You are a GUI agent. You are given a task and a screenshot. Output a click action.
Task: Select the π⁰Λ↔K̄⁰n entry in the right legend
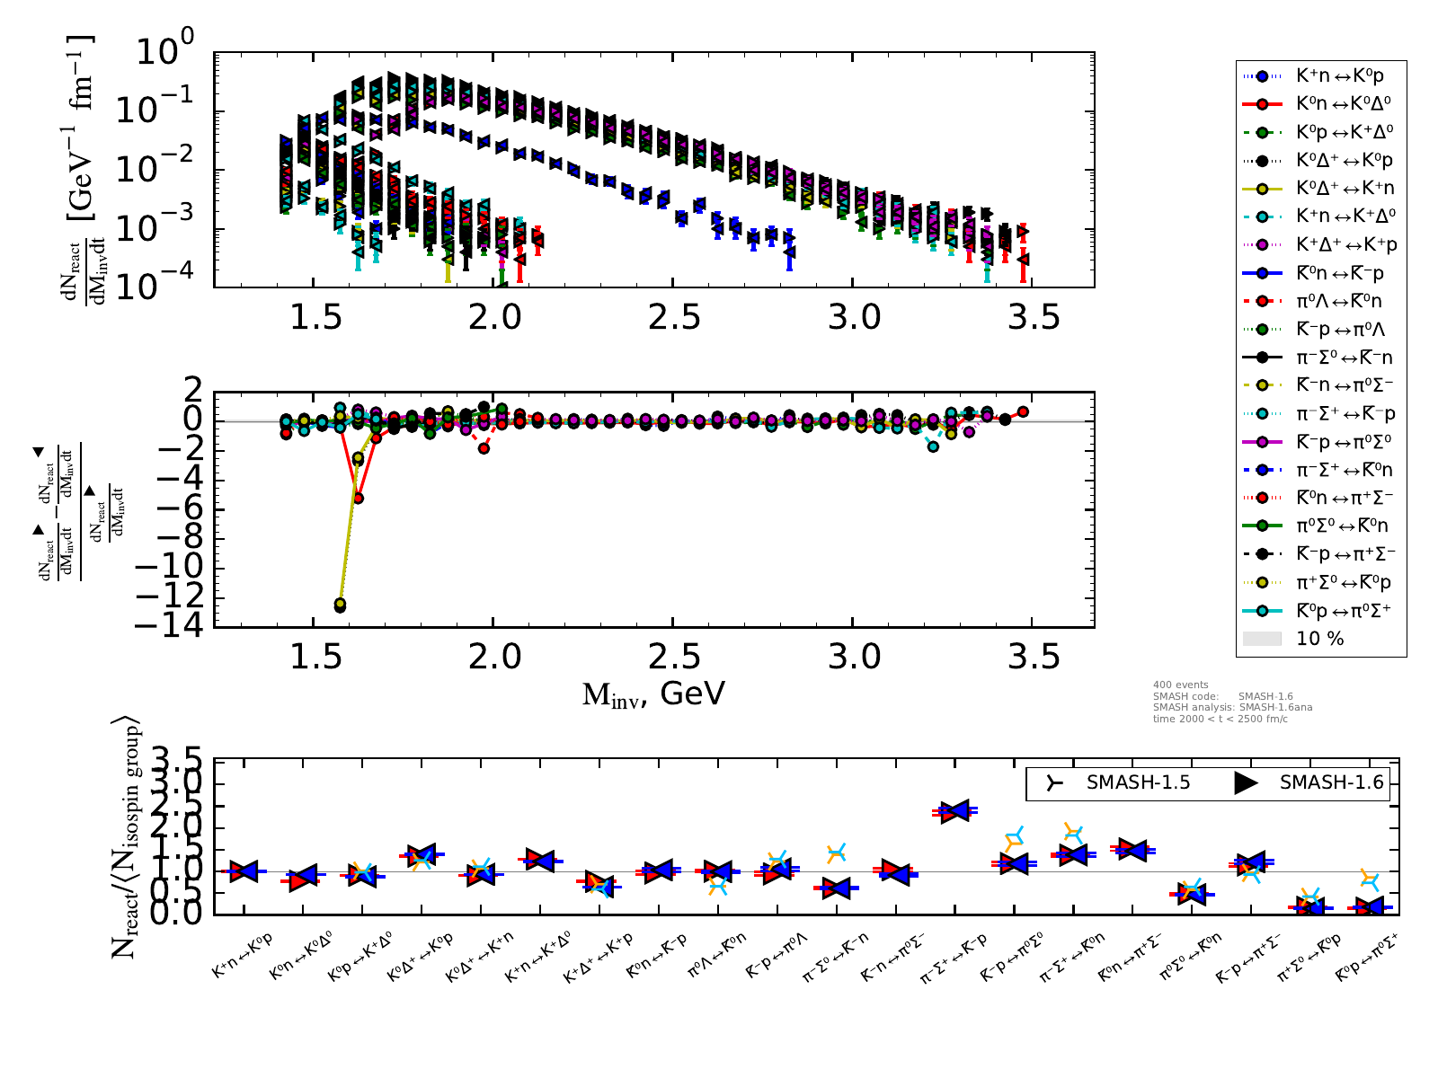pyautogui.click(x=1339, y=301)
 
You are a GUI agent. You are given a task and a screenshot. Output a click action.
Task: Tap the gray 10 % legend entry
pyautogui.click(x=1319, y=639)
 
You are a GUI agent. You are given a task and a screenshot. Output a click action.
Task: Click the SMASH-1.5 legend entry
pyautogui.click(x=1138, y=783)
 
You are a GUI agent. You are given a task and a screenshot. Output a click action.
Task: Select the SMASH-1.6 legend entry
pyautogui.click(x=1331, y=783)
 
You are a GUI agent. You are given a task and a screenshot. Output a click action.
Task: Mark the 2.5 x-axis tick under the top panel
pyautogui.click(x=673, y=317)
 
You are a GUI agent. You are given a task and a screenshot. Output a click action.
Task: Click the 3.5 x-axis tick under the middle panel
pyautogui.click(x=1033, y=657)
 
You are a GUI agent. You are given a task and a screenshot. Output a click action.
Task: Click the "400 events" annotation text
pyautogui.click(x=1180, y=685)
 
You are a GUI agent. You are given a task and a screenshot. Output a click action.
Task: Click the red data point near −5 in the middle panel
pyautogui.click(x=358, y=498)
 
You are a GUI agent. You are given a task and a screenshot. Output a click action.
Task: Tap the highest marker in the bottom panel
pyautogui.click(x=954, y=810)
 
